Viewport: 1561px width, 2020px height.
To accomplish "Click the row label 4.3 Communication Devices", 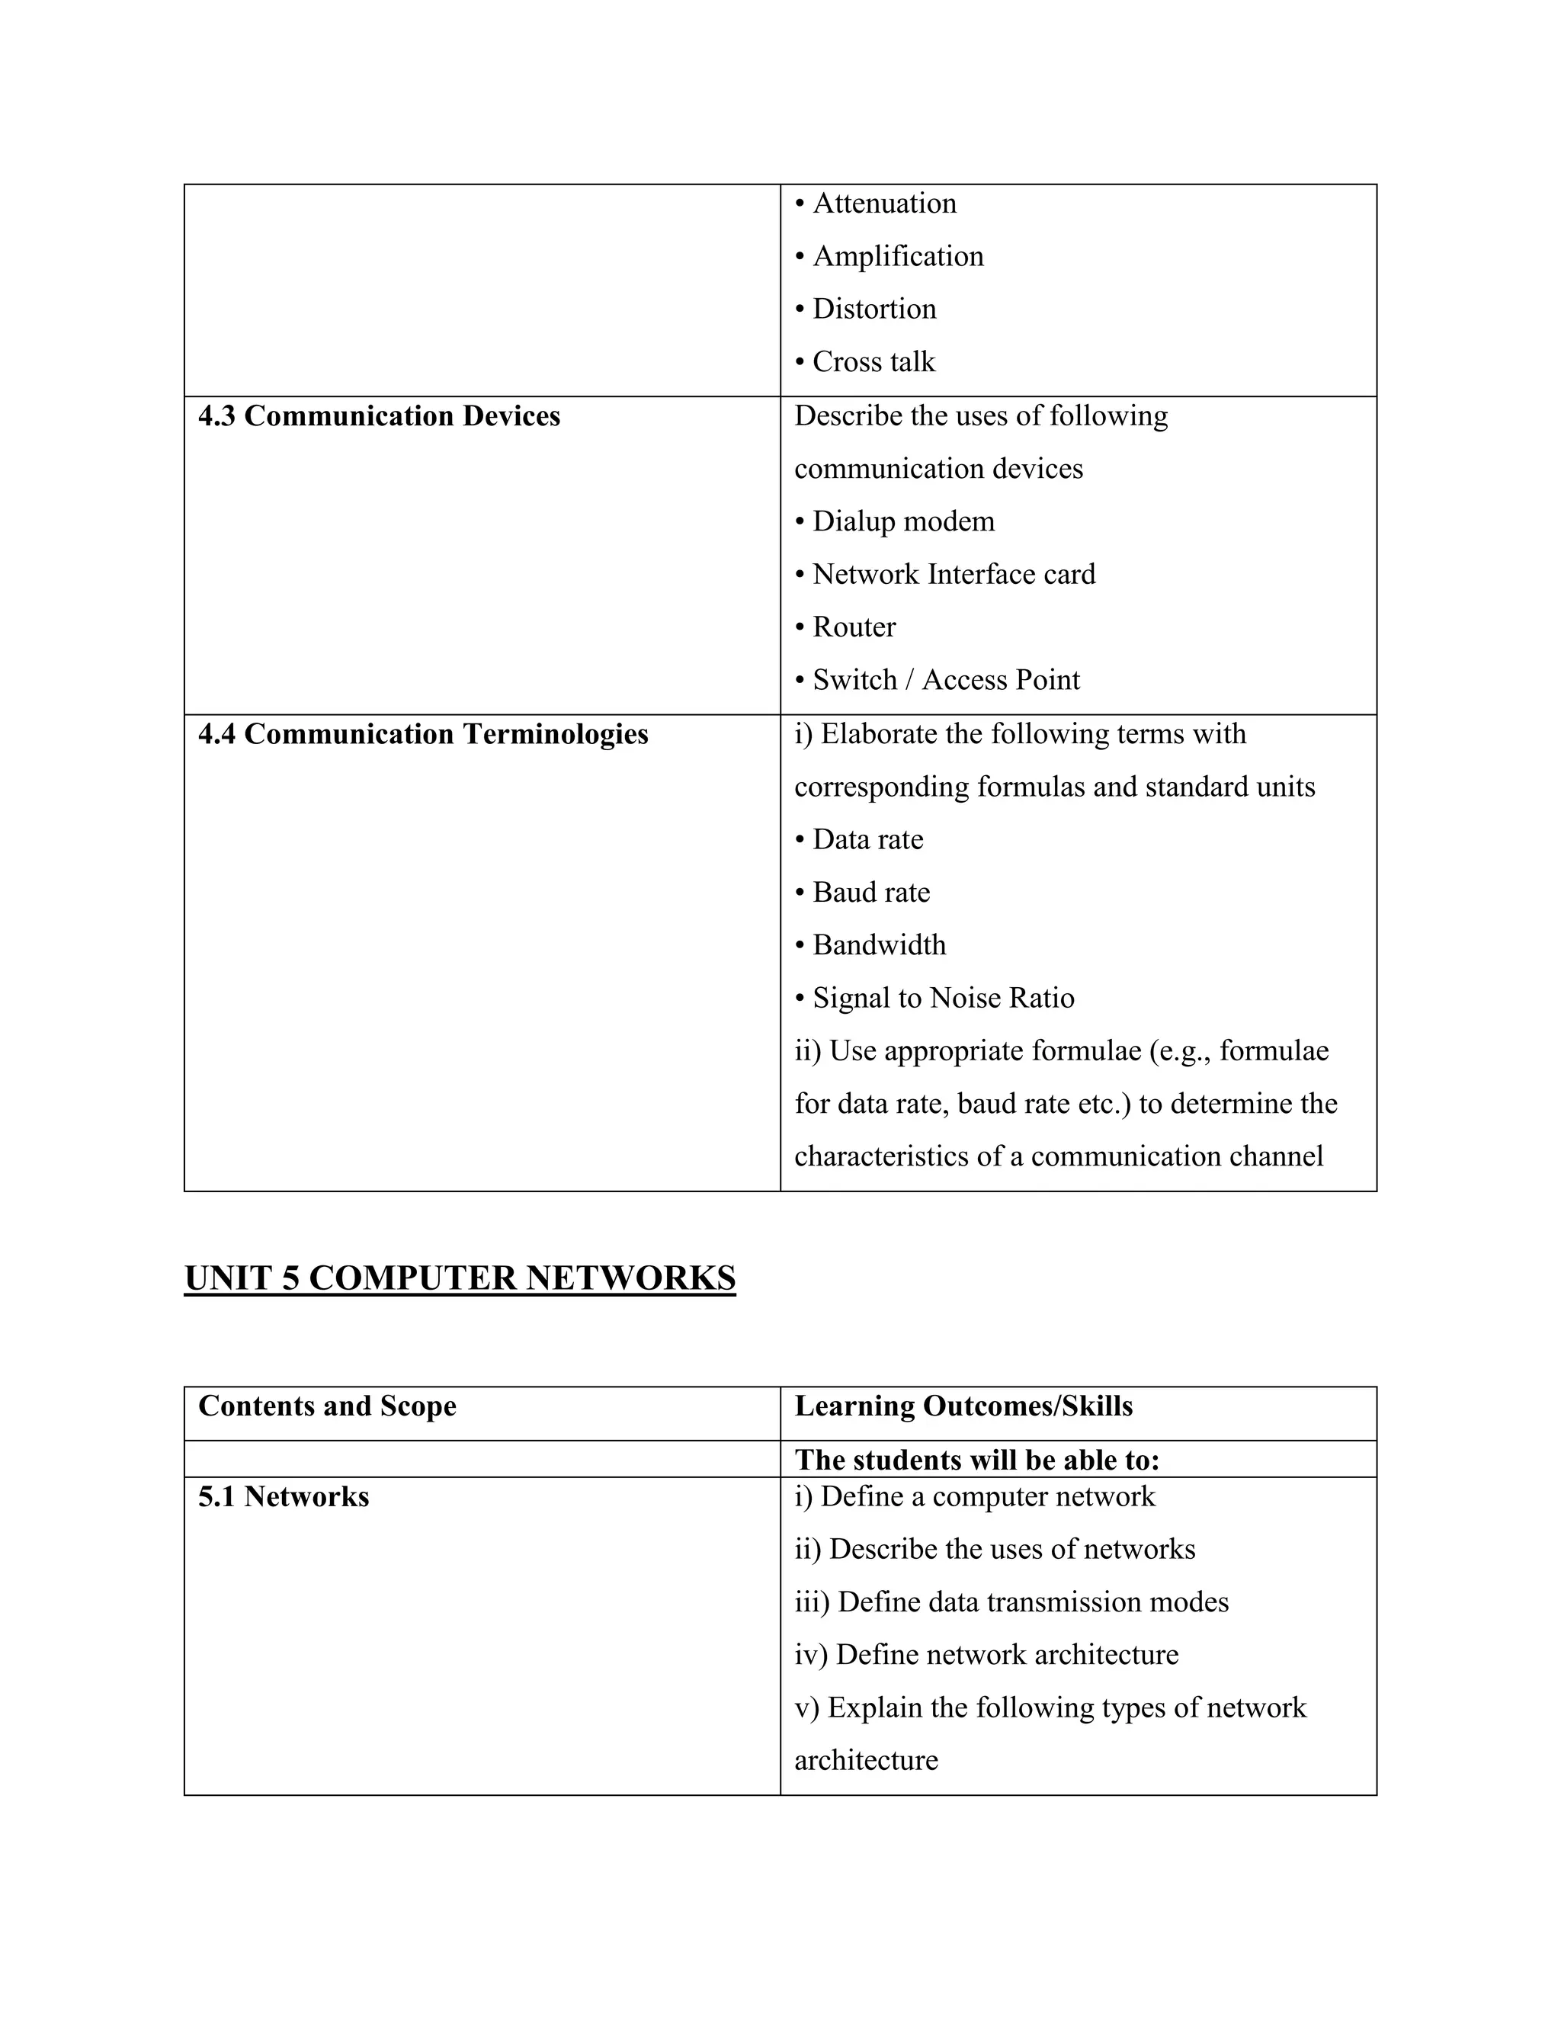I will point(379,416).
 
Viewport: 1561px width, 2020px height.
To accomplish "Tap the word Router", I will point(854,627).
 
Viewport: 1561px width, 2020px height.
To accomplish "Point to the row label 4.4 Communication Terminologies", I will point(422,734).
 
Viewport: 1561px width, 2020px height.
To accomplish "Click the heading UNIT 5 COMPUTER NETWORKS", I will point(460,1278).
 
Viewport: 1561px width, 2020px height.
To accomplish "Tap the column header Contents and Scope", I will point(327,1406).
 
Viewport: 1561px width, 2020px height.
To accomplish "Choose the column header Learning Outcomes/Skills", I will point(963,1406).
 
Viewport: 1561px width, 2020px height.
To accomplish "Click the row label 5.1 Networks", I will point(283,1496).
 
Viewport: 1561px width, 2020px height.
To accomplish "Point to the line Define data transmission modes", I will point(1011,1602).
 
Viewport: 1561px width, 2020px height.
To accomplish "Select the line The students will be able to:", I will point(976,1460).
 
